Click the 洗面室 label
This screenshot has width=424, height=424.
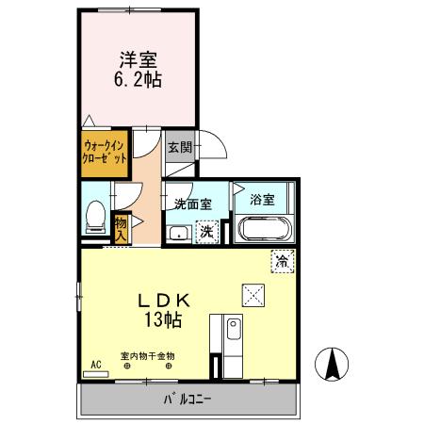(191, 203)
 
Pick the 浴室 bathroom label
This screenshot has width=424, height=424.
(262, 199)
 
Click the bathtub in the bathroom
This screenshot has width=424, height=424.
(264, 229)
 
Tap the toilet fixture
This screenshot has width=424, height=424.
(94, 218)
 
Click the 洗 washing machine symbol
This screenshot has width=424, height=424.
(206, 231)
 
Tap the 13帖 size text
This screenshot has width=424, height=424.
(165, 319)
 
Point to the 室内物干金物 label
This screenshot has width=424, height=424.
(147, 356)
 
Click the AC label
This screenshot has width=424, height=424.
(95, 363)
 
